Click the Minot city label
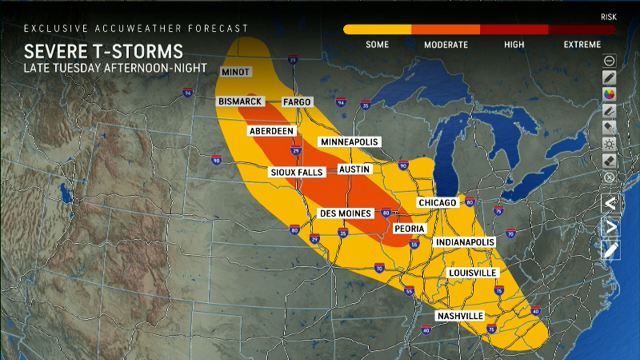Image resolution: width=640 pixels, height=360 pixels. tap(236, 72)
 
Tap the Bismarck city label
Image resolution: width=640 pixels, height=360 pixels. tap(241, 102)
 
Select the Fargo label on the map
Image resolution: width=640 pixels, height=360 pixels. tap(297, 102)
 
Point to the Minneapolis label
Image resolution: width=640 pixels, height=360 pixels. tap(350, 142)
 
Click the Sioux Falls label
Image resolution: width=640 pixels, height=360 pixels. tap(294, 171)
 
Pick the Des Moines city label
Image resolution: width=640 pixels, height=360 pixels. tap(346, 214)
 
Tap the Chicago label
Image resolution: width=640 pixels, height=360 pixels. tap(437, 203)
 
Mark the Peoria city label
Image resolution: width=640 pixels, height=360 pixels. tap(408, 228)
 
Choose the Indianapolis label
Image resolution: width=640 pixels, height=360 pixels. tap(464, 242)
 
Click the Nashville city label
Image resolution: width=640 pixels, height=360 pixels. tap(460, 316)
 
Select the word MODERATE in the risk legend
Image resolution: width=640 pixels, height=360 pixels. tap(446, 44)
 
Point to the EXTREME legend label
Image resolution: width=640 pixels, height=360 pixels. tap(582, 44)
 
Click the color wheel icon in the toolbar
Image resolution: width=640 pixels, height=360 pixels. tap(610, 94)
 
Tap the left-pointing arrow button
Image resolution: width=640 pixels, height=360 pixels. tap(610, 203)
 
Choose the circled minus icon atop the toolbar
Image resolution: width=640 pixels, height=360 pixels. tap(610, 61)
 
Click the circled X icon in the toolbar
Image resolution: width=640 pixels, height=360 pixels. tap(610, 178)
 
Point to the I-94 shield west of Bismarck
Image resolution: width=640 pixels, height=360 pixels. tap(187, 94)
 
